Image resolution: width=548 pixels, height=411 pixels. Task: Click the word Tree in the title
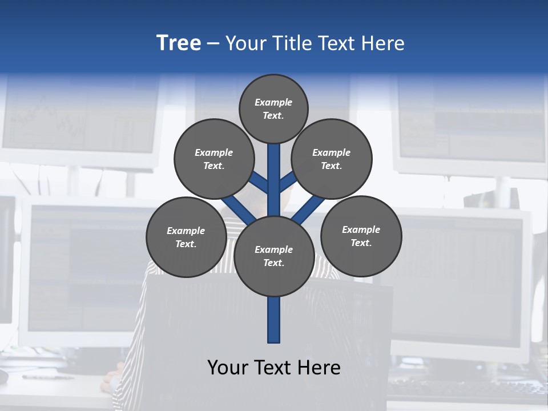pos(179,43)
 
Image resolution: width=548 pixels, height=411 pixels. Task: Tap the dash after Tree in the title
pos(212,44)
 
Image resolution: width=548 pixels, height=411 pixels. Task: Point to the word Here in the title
pos(383,43)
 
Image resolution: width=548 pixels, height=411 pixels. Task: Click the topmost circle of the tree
pos(273,108)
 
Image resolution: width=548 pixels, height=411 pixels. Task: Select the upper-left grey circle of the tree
pos(214,159)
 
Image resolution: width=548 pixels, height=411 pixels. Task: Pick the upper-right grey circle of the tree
pos(332,159)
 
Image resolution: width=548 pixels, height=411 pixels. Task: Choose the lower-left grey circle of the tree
pos(186,237)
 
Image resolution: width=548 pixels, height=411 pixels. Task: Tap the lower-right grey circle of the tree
pos(361,236)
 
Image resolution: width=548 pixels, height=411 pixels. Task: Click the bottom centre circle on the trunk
pos(274,256)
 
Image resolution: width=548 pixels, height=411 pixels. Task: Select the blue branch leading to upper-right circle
pos(288,182)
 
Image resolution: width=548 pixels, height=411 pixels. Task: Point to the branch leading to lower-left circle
pos(239,209)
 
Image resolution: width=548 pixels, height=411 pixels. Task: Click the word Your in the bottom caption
pos(227,367)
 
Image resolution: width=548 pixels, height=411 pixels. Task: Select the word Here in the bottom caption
pos(320,367)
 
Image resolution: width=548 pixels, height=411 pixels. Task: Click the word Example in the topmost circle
pos(273,102)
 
